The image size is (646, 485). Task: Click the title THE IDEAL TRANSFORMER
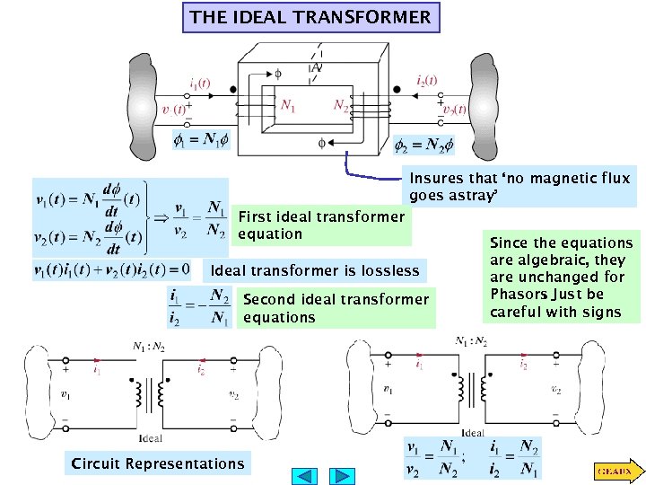pyautogui.click(x=310, y=17)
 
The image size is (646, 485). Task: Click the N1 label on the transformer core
pyautogui.click(x=287, y=106)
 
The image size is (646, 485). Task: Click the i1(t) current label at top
pyautogui.click(x=200, y=82)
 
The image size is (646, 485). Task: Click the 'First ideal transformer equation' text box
pyautogui.click(x=321, y=225)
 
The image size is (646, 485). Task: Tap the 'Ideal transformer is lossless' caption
pyautogui.click(x=314, y=270)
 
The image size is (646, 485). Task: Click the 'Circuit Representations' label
pyautogui.click(x=158, y=463)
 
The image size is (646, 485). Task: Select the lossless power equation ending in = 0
pyautogui.click(x=112, y=269)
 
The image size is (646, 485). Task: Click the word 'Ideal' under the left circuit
pyautogui.click(x=151, y=437)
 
